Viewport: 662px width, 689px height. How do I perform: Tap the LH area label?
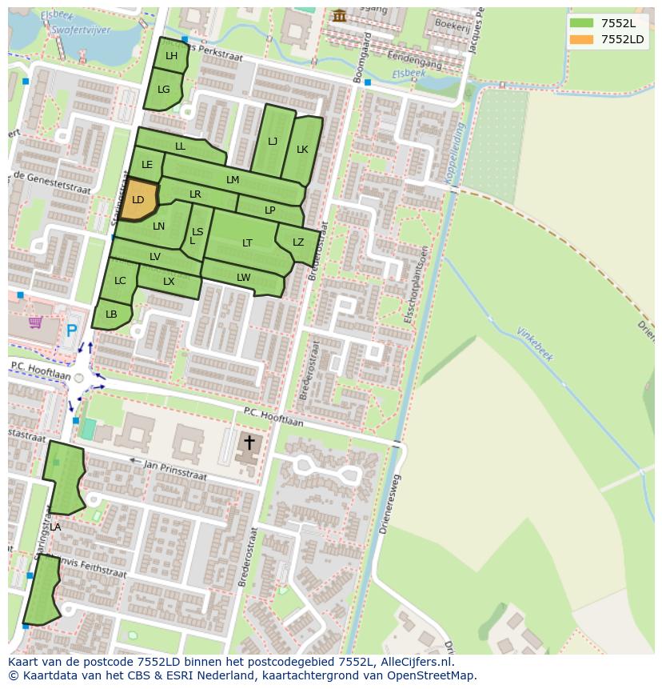coord(171,56)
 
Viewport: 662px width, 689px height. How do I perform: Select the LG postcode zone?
coord(164,90)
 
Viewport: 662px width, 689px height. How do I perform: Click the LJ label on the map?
coord(273,142)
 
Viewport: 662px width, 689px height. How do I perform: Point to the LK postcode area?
coord(302,150)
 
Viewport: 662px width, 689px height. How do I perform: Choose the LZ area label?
coord(298,242)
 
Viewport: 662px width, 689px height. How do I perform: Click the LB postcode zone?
coord(111,314)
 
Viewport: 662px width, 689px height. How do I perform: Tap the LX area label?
coord(169,282)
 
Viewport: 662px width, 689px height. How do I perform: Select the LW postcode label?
coord(244,278)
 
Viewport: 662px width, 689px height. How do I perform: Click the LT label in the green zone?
coord(247,243)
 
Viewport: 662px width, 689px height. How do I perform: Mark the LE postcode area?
coord(147,166)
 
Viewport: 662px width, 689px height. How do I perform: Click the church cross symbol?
coord(249,443)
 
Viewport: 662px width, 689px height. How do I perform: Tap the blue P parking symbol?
coord(72,330)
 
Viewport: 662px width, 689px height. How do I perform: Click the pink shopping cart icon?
coord(35,322)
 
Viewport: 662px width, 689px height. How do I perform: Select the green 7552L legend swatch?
coord(582,23)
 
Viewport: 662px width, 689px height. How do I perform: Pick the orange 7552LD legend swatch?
coord(582,39)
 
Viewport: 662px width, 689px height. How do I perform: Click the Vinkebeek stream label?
coord(535,343)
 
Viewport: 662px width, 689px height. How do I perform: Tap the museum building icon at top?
coord(340,15)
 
